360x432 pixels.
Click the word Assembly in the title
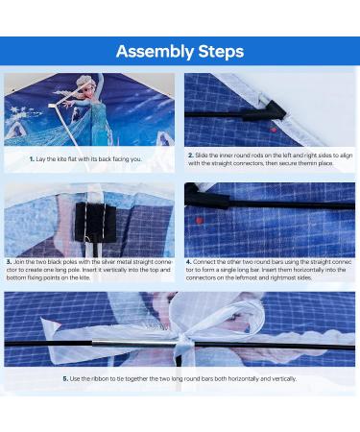(155, 52)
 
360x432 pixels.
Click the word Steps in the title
(221, 51)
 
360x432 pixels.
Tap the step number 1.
(32, 159)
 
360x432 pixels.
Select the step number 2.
(191, 156)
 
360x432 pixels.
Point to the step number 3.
(9, 262)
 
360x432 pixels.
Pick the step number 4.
(189, 262)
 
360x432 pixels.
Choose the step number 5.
(65, 379)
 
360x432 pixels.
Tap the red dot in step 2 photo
(273, 130)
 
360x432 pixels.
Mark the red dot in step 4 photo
(200, 220)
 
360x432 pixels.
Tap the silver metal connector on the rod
(134, 344)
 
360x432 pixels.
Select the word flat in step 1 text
(72, 159)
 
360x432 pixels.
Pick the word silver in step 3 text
(108, 262)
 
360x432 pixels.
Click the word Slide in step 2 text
(201, 156)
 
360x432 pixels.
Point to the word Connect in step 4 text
(204, 262)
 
